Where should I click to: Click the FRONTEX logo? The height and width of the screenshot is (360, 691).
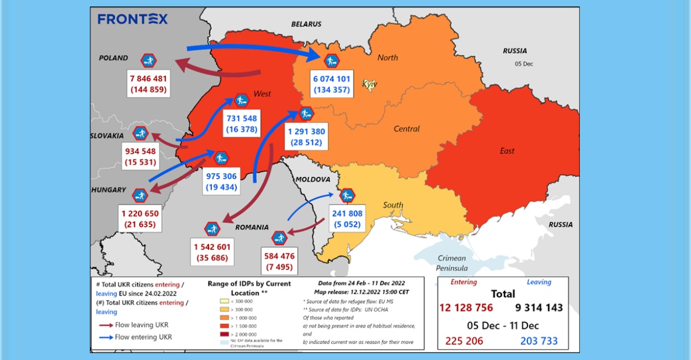click(133, 19)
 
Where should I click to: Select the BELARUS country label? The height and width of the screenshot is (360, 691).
click(306, 24)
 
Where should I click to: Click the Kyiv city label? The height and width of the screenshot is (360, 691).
click(369, 85)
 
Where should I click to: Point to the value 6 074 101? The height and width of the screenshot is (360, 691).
click(331, 79)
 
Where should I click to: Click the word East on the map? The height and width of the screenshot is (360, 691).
click(507, 151)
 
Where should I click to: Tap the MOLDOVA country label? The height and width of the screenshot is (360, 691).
click(313, 180)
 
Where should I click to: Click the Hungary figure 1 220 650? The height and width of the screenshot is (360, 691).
click(140, 213)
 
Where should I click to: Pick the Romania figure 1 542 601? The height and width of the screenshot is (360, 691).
click(212, 247)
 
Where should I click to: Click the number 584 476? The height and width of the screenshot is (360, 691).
click(279, 256)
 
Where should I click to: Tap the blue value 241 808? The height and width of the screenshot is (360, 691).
click(347, 214)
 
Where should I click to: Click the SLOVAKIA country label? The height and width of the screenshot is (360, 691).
click(107, 135)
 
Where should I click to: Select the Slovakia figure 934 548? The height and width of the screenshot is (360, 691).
click(141, 151)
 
